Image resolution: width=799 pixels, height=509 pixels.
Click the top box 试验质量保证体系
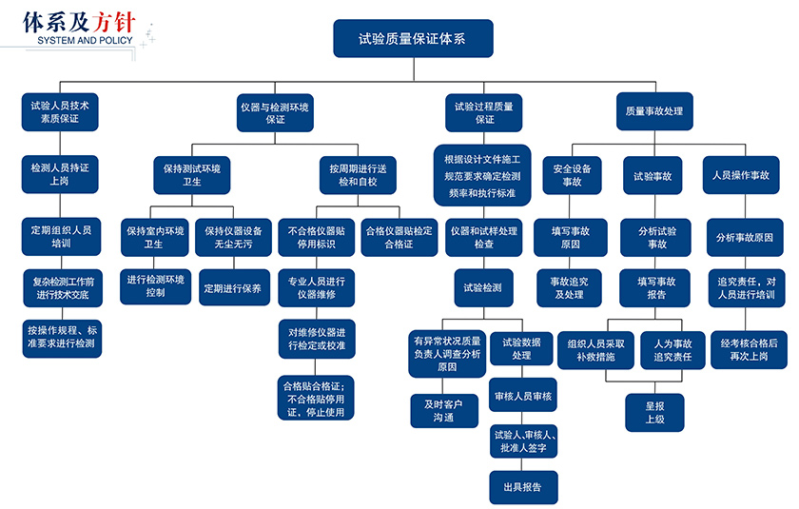click(x=413, y=39)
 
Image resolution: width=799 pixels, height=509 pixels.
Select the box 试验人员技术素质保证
click(x=61, y=111)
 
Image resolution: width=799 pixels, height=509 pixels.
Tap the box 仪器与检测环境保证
click(x=275, y=112)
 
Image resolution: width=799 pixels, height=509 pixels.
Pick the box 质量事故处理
click(x=653, y=111)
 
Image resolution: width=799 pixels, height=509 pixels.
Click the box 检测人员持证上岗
click(x=61, y=173)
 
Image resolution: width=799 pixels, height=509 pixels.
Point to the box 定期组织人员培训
click(x=61, y=236)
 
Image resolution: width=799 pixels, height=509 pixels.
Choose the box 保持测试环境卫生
click(x=192, y=174)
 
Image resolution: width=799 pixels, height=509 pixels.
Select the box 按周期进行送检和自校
click(x=359, y=174)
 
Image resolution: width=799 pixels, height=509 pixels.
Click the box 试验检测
click(x=483, y=287)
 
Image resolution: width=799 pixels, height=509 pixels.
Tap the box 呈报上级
click(x=654, y=411)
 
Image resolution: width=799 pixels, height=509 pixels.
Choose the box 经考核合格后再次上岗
click(x=749, y=348)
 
